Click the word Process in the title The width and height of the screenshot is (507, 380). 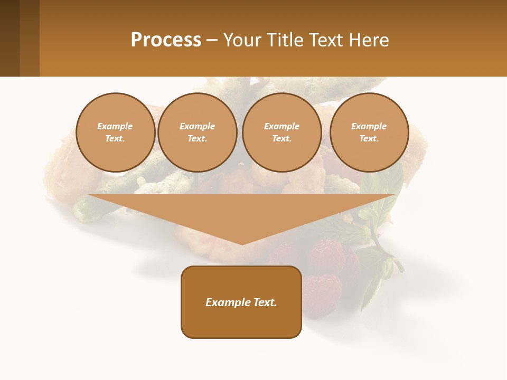[x=166, y=40]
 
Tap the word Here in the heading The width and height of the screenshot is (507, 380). [x=368, y=40]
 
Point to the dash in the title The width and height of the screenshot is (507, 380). [x=212, y=40]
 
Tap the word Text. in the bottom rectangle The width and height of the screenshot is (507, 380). [x=264, y=302]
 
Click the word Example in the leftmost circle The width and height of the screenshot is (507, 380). [x=115, y=126]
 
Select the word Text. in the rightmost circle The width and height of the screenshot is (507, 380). [x=369, y=138]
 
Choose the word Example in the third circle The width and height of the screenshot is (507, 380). [x=281, y=126]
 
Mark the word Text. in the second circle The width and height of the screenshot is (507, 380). [x=197, y=138]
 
